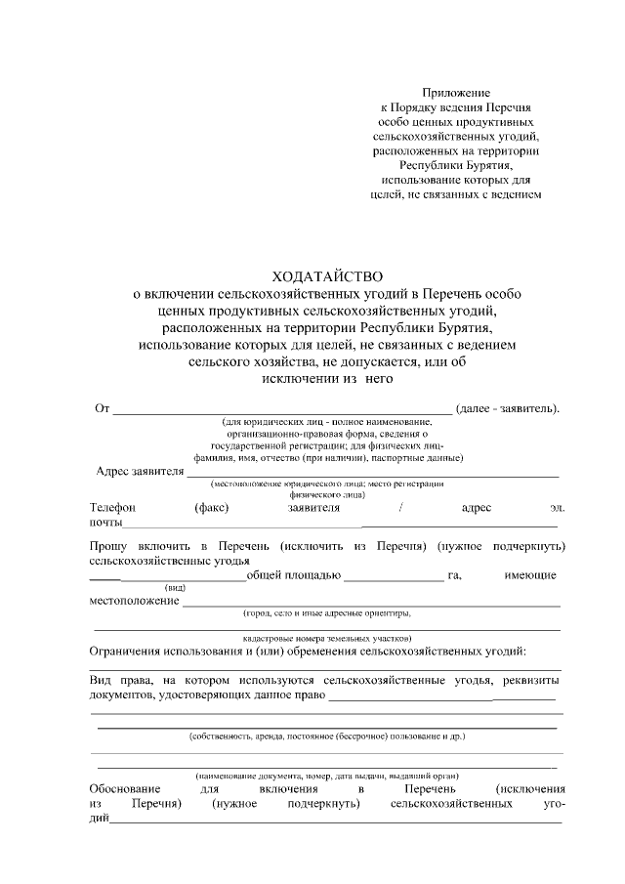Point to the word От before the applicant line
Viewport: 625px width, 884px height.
pos(101,406)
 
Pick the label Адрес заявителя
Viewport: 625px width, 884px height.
pos(141,471)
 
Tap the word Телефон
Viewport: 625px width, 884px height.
pos(112,508)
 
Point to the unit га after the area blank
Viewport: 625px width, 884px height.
pos(453,575)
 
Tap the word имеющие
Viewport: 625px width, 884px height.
pos(531,575)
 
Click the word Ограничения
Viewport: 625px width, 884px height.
pos(125,651)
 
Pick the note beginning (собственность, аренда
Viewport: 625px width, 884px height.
pos(326,736)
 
